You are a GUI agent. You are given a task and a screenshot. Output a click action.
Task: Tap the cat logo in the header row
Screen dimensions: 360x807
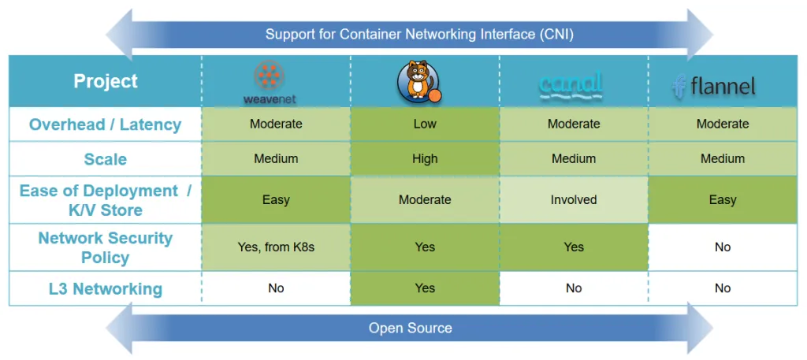(418, 80)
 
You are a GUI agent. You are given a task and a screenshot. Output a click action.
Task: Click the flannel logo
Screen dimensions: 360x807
(714, 85)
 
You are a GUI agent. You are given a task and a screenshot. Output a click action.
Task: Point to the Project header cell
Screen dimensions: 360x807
(106, 81)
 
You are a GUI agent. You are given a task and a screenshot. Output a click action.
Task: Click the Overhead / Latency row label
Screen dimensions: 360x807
(106, 124)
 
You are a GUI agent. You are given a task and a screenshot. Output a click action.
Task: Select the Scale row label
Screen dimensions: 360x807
(106, 159)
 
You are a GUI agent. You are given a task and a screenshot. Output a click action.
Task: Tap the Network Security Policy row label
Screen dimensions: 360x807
(106, 247)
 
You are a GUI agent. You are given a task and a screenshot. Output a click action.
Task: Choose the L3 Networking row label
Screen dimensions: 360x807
(106, 288)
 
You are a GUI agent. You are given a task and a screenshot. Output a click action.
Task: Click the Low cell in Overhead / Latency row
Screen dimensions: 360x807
(425, 124)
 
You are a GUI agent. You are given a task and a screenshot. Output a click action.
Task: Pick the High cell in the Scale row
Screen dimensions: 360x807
(425, 159)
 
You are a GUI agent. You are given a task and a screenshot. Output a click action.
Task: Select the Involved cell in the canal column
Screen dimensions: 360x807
(574, 200)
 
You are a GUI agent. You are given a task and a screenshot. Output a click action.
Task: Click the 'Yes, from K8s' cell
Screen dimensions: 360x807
(276, 247)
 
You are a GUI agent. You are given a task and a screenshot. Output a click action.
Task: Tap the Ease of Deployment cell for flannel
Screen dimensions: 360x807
(723, 200)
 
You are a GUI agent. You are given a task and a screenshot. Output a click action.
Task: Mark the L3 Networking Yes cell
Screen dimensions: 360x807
(425, 288)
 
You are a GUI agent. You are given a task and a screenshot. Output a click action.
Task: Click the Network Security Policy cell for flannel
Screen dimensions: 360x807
(723, 247)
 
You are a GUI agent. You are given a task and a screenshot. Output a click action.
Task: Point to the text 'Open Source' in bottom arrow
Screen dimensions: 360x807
(410, 328)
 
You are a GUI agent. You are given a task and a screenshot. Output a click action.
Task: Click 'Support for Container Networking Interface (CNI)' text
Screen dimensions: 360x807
(419, 35)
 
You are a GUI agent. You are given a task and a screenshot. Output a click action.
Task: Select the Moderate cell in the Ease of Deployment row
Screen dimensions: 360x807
(425, 200)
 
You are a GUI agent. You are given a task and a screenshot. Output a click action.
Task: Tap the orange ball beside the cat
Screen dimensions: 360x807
(435, 96)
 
